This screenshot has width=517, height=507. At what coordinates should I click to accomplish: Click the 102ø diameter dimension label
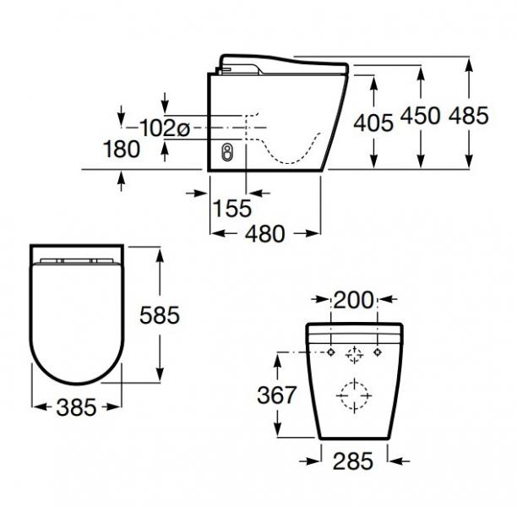click(166, 128)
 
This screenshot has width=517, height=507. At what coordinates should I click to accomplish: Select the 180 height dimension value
click(121, 150)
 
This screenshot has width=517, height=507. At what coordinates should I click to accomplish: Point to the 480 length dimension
click(265, 234)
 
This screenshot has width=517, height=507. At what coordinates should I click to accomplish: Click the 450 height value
click(420, 116)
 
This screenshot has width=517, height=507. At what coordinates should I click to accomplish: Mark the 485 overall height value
click(469, 116)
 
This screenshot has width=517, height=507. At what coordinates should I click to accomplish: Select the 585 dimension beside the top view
click(158, 316)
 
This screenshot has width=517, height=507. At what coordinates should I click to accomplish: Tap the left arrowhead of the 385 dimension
click(35, 408)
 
